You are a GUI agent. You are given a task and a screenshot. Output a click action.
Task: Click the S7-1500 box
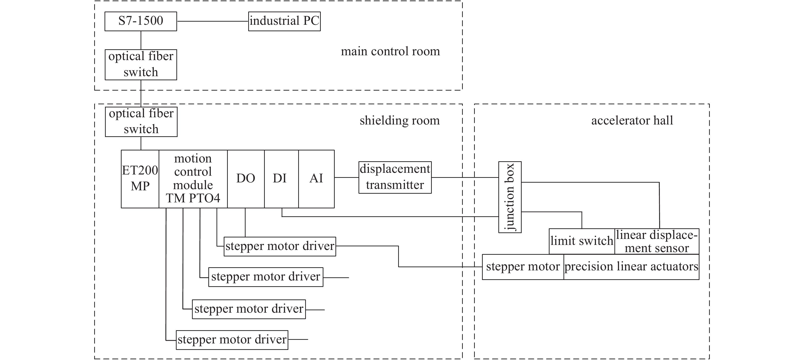coord(141,21)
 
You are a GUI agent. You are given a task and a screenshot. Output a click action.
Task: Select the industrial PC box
coord(284,21)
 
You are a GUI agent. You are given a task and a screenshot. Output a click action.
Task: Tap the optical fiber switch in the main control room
coord(141,65)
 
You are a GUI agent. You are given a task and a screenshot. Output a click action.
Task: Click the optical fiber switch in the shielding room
coord(141,121)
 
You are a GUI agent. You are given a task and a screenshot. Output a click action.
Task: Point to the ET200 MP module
coord(140,179)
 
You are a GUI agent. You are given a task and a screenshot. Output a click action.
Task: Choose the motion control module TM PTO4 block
coord(193,179)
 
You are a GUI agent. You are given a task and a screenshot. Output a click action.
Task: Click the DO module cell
coord(246,179)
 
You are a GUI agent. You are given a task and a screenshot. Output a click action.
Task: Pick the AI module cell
coord(316,179)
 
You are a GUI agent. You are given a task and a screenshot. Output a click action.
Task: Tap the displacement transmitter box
coord(395,177)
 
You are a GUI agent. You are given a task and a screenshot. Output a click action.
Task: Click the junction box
coord(510,197)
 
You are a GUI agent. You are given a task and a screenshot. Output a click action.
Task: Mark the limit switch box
coord(582,241)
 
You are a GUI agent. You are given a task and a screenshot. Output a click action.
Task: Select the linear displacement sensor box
coord(657,241)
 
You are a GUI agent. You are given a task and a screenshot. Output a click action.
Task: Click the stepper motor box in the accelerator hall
coord(523,267)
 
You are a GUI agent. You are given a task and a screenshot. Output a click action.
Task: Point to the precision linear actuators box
coord(631,267)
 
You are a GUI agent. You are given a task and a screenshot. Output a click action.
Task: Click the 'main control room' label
coord(390,51)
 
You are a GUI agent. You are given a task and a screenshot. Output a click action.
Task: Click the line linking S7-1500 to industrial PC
coord(212,21)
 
